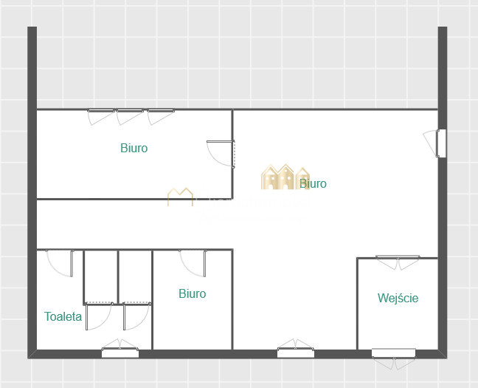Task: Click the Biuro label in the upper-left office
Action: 134,148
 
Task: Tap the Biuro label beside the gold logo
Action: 313,183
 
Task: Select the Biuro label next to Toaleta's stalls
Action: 193,293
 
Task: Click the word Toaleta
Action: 63,316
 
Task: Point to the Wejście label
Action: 398,298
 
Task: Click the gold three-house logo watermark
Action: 285,177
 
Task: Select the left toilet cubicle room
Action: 101,277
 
